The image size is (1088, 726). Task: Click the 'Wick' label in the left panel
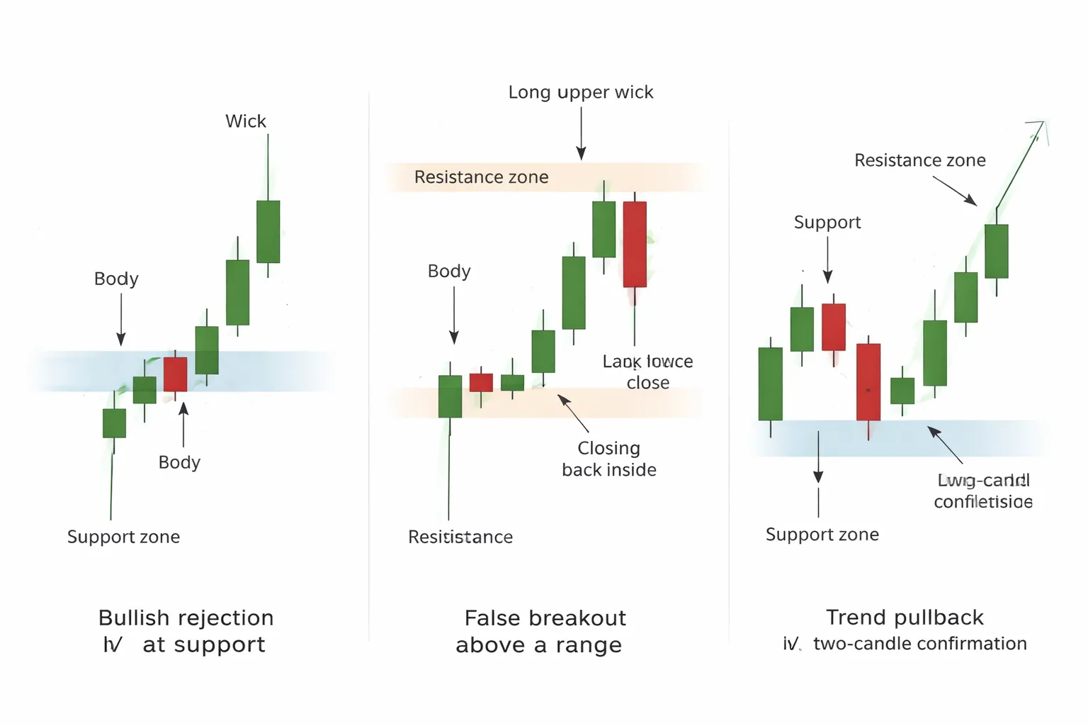(x=245, y=121)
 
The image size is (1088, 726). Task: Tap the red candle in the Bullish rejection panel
(x=175, y=374)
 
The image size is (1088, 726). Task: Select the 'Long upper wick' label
(x=580, y=92)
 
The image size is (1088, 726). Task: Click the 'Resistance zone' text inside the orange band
(x=481, y=177)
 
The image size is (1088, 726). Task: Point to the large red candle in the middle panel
(x=635, y=244)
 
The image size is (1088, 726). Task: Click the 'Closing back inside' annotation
(x=608, y=459)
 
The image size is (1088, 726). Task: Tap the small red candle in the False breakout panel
(x=481, y=382)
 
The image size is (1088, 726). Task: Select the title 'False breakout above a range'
(x=543, y=631)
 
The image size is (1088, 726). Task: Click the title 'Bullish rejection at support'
(x=186, y=631)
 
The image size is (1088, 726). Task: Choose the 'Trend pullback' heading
(x=905, y=618)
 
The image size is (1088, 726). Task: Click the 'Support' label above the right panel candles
(x=827, y=223)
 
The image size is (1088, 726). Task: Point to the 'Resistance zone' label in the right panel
(x=919, y=160)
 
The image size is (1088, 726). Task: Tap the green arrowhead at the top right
(x=1038, y=128)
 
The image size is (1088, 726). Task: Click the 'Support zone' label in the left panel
(x=123, y=537)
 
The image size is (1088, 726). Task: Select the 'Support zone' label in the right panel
(x=822, y=535)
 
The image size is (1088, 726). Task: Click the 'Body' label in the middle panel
(x=449, y=272)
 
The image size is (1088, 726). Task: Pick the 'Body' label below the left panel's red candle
(x=179, y=462)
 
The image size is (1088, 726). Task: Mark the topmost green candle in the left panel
(x=268, y=232)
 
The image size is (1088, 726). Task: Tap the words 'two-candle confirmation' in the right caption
(x=919, y=644)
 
